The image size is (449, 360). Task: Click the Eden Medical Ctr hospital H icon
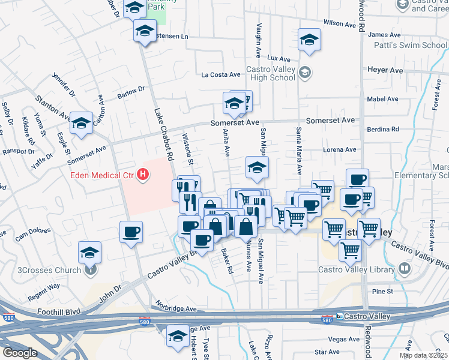tap(143, 175)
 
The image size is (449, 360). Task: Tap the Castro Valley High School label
tap(271, 73)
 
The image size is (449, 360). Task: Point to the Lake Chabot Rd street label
tap(163, 134)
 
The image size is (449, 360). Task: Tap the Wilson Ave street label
tap(340, 23)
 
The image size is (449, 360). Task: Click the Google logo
tap(19, 352)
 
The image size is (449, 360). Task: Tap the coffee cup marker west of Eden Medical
tap(131, 232)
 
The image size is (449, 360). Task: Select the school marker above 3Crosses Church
tap(89, 252)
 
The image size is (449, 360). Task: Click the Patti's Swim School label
tap(417, 46)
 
